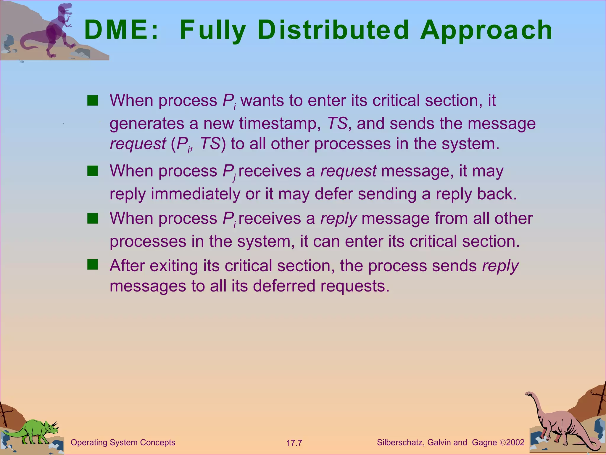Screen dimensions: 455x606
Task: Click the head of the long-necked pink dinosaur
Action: (x=529, y=394)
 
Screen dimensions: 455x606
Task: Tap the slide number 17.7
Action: (x=294, y=443)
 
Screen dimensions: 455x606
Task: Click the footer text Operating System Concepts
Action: (x=123, y=443)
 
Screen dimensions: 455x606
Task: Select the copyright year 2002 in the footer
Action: (x=515, y=443)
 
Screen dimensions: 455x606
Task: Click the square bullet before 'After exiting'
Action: (x=93, y=265)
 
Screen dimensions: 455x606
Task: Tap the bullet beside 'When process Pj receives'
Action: (x=93, y=171)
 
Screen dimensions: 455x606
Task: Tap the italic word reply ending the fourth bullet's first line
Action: (x=500, y=266)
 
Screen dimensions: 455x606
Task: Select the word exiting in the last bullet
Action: (x=174, y=266)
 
